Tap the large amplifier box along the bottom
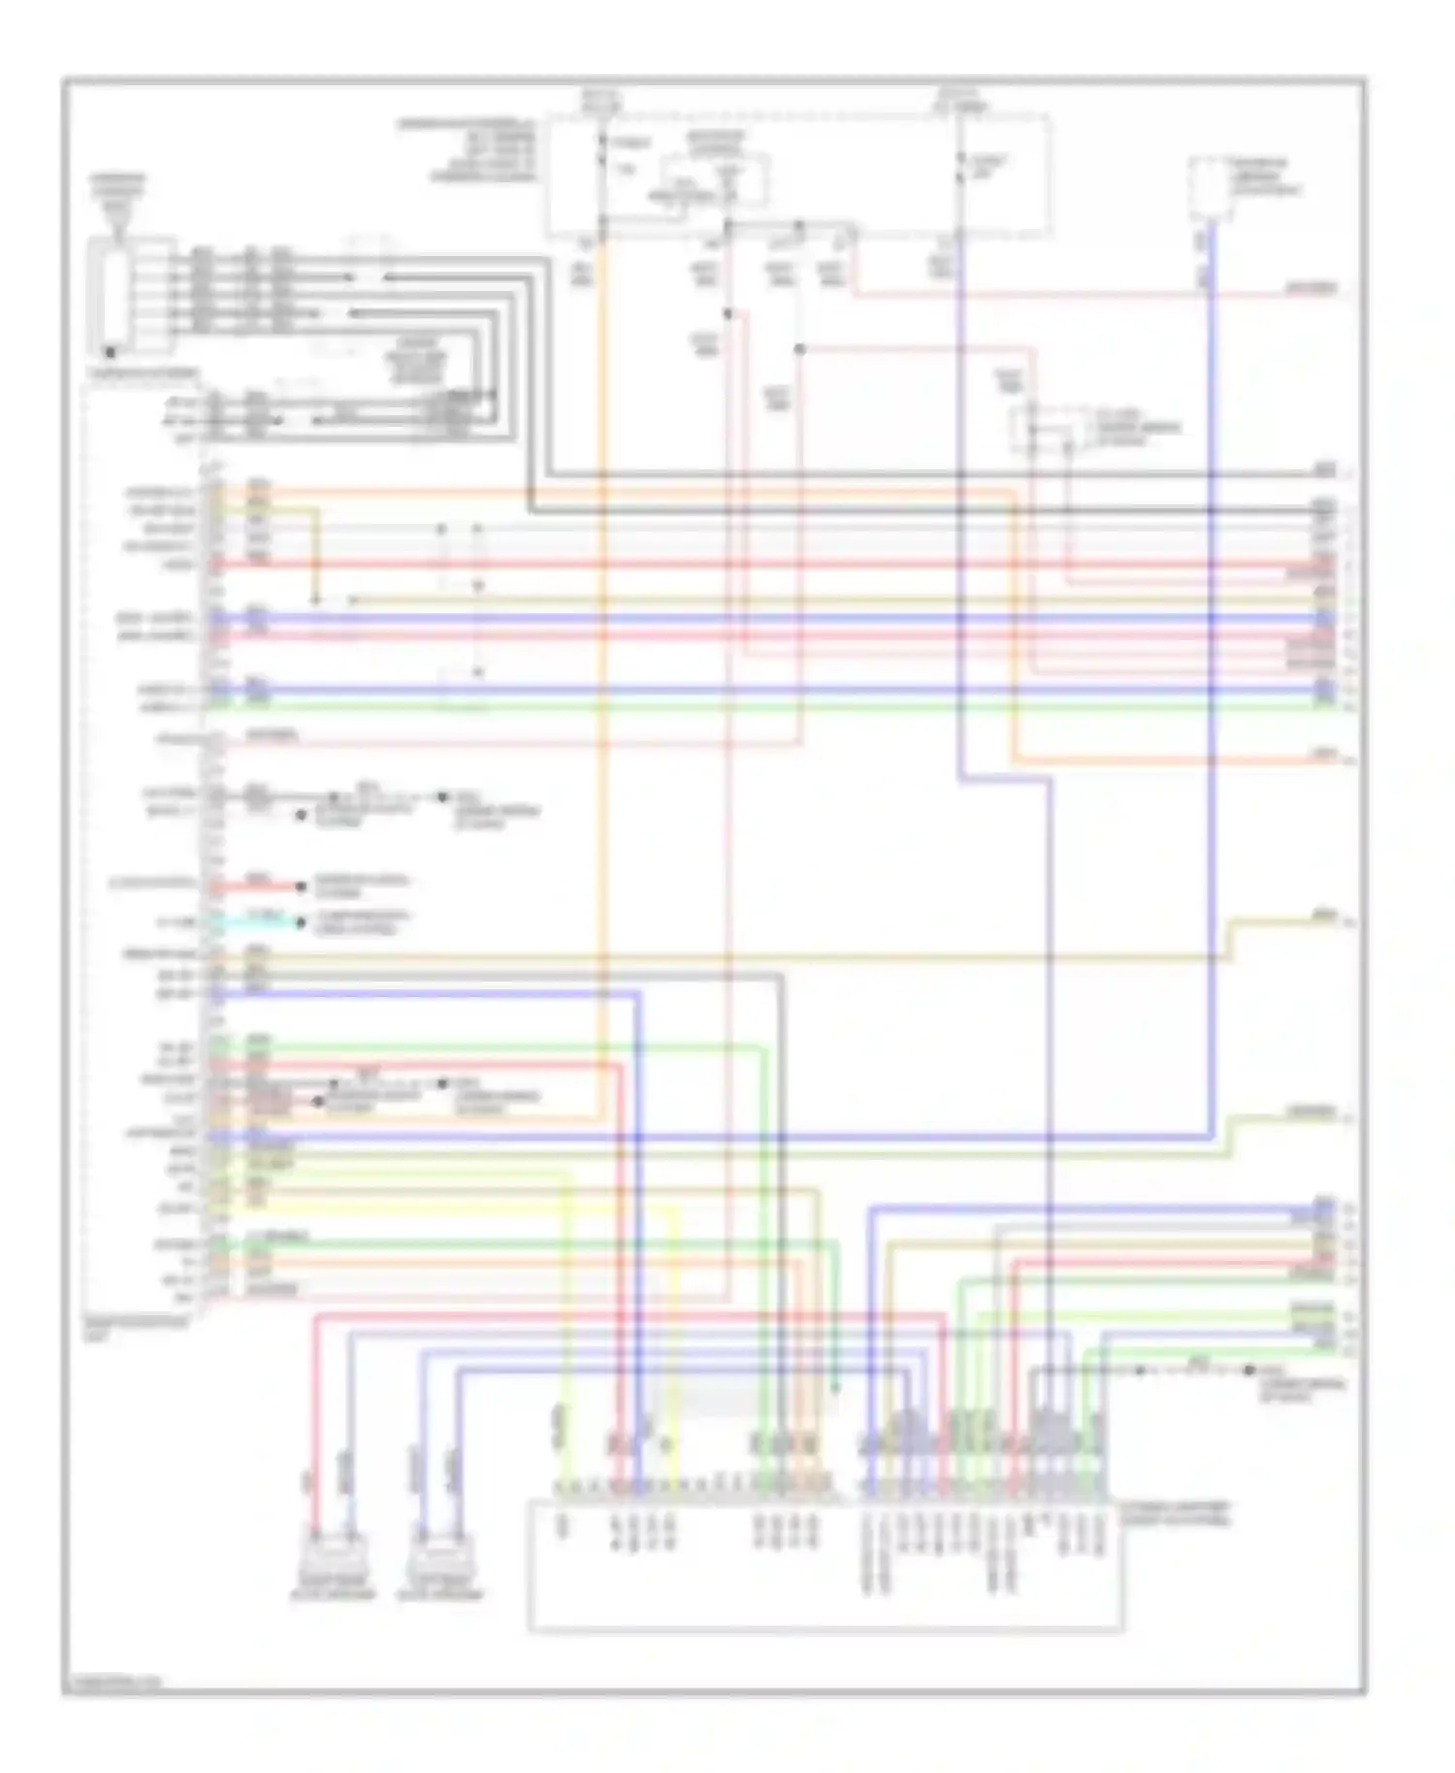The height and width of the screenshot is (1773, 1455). [824, 1565]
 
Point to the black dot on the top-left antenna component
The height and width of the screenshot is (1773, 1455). [112, 353]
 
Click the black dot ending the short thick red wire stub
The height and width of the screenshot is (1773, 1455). [302, 886]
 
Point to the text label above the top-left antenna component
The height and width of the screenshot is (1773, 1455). [118, 194]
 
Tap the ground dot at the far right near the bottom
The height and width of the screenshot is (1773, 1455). [1250, 1370]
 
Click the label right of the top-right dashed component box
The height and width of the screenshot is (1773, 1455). [1266, 177]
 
